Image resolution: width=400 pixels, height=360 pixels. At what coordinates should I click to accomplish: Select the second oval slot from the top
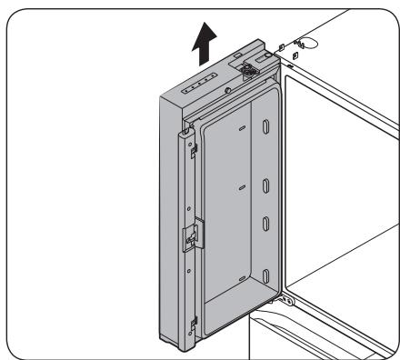point(265,186)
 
